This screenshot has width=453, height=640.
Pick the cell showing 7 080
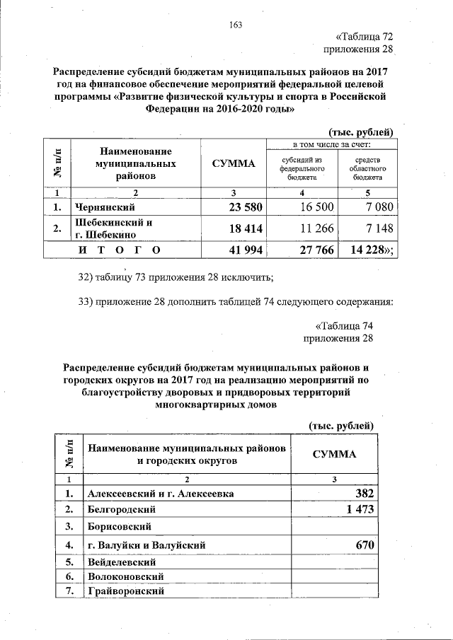pos(372,207)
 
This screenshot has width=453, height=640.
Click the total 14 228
pos(369,250)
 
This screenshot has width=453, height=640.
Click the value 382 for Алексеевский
pos(362,493)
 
